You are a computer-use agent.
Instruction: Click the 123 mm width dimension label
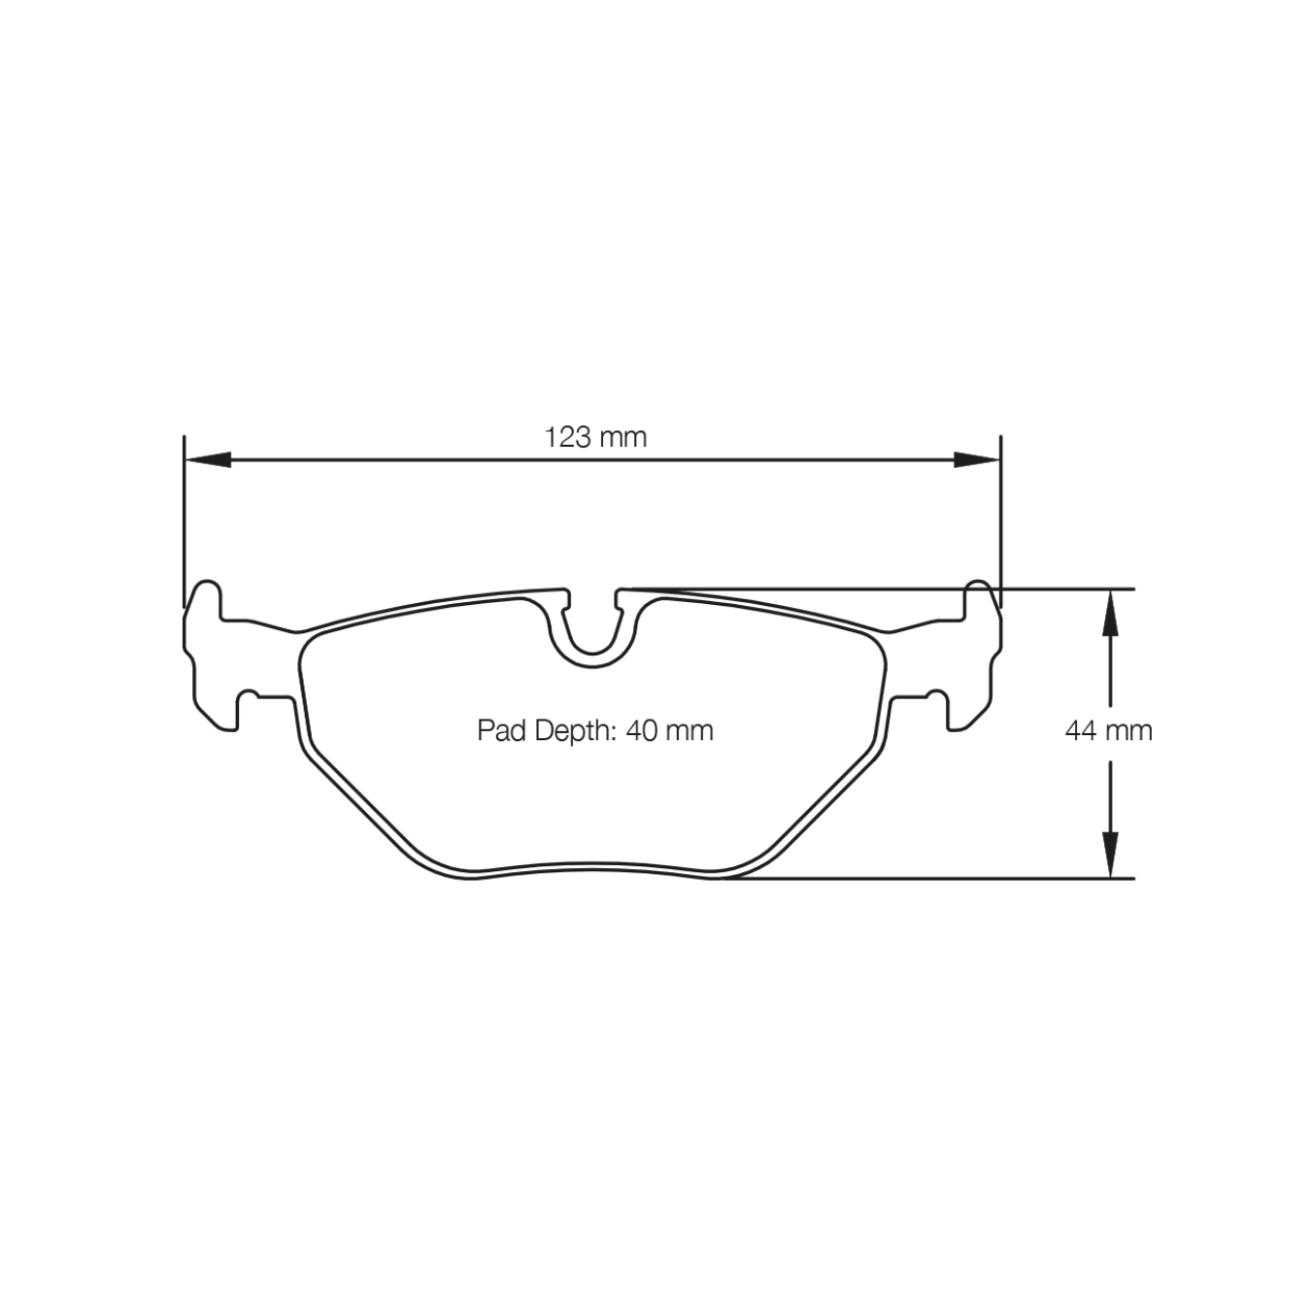595,437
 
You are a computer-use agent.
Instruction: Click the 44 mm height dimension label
1108,730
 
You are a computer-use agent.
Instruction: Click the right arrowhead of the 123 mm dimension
976,459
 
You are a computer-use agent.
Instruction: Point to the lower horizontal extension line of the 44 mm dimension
971,878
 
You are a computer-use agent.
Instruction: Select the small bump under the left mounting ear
250,694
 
